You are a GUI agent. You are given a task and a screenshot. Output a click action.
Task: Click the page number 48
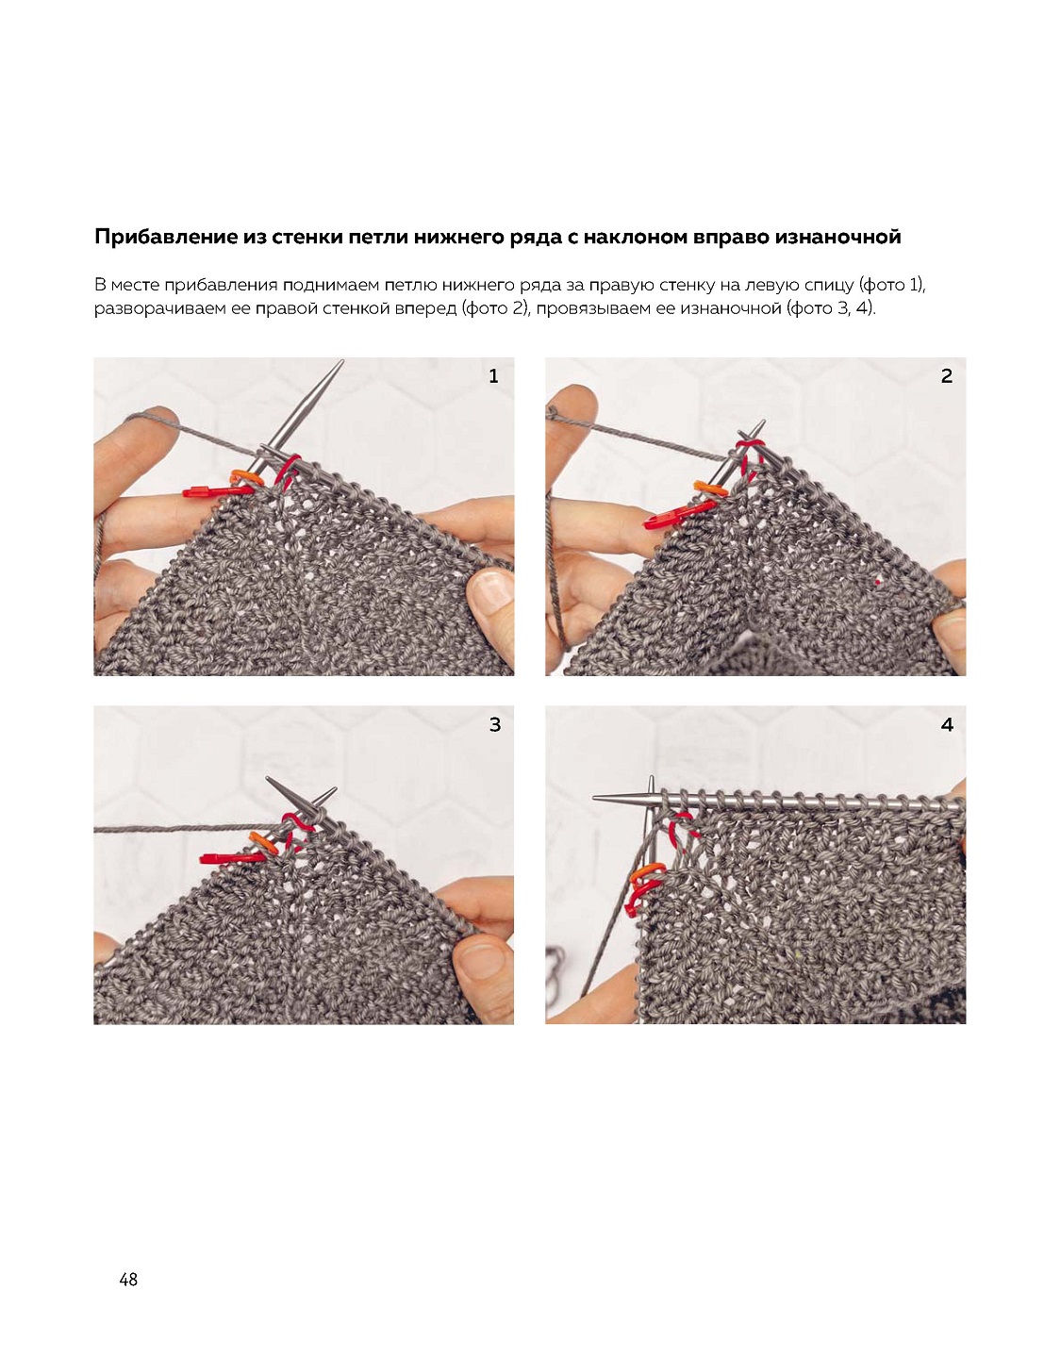click(128, 1279)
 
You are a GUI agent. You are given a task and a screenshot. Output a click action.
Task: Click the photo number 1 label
click(493, 376)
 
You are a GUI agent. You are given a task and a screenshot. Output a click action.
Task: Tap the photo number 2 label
click(946, 376)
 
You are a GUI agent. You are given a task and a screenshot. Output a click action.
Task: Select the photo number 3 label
click(494, 724)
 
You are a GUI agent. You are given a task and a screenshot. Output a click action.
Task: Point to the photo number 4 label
click(947, 724)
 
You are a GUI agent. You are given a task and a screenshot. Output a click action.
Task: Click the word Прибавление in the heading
click(163, 238)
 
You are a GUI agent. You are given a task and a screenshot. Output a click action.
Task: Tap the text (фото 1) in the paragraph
click(891, 286)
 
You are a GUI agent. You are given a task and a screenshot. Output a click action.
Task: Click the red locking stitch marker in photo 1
click(214, 492)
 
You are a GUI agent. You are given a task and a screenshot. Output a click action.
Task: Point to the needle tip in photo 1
click(342, 360)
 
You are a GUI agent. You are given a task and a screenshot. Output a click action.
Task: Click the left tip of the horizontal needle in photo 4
click(593, 798)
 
